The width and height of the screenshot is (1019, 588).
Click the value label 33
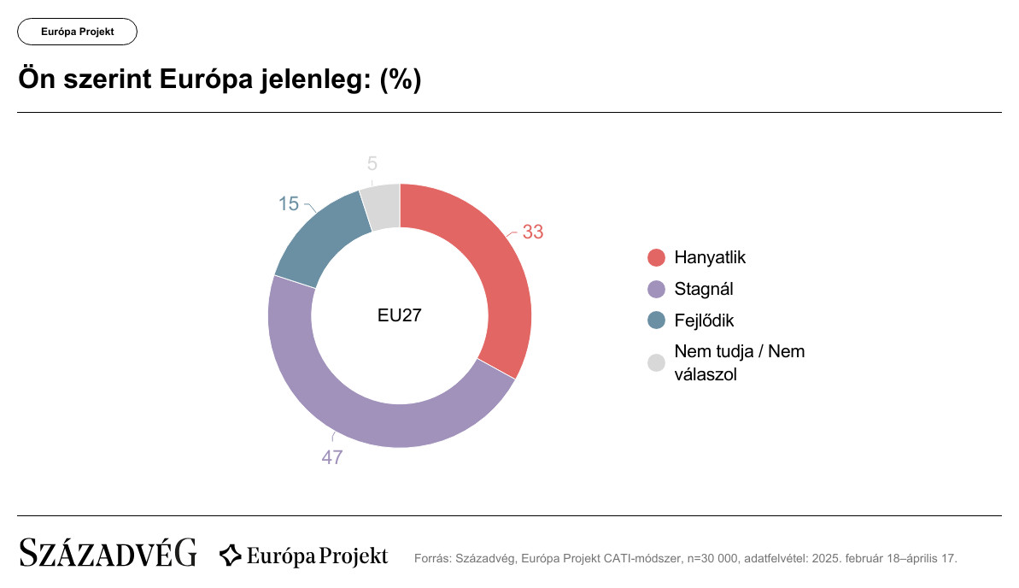[533, 232]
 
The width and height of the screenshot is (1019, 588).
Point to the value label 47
[332, 457]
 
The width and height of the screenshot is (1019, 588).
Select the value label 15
[289, 204]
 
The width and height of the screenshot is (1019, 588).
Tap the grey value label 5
[372, 164]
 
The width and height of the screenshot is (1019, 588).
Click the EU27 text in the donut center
[400, 315]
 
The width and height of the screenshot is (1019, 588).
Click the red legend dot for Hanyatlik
[656, 257]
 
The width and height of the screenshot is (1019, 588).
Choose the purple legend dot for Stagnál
[656, 289]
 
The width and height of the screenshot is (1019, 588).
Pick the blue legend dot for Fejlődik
[656, 320]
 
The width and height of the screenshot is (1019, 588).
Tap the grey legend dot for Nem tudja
[656, 363]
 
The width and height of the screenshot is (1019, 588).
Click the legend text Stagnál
[704, 289]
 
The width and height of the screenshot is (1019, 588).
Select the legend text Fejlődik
[704, 320]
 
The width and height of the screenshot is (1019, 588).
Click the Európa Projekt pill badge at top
[78, 32]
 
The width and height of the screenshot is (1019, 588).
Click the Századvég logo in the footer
[108, 553]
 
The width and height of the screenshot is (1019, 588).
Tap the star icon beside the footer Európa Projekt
[231, 556]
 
